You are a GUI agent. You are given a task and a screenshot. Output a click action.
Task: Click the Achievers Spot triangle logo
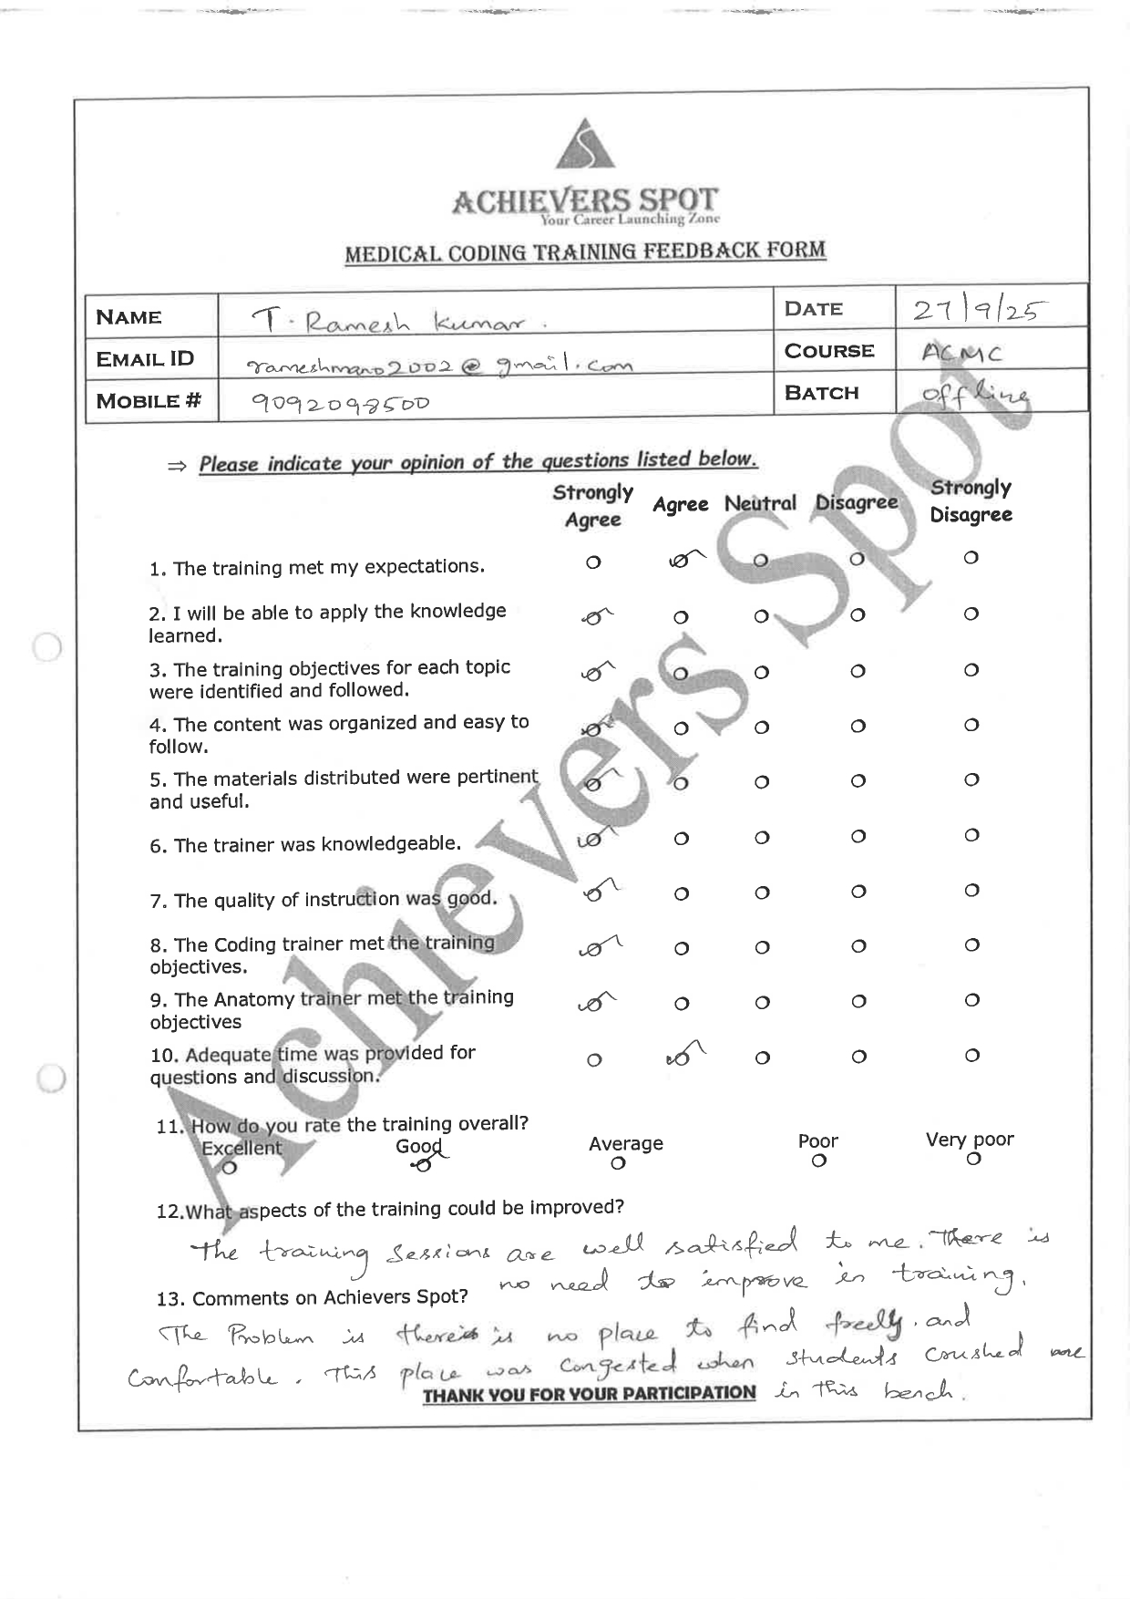(x=585, y=146)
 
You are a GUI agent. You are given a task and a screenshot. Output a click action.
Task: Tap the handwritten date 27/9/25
(x=976, y=311)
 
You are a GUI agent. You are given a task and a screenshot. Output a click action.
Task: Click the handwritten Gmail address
(x=439, y=365)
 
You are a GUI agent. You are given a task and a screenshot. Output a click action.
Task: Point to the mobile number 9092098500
(x=340, y=403)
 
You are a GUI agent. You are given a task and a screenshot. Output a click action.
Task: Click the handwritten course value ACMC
(x=950, y=353)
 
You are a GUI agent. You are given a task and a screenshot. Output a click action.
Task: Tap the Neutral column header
(x=760, y=503)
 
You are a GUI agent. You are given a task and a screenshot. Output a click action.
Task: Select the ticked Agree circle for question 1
(x=680, y=562)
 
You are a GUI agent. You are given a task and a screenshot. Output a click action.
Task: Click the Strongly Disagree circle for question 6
(x=971, y=835)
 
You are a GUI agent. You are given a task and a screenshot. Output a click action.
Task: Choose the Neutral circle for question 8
(x=763, y=947)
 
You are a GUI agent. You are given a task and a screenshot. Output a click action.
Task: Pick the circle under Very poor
(x=973, y=1159)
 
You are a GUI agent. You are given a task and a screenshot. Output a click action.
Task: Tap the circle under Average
(x=619, y=1163)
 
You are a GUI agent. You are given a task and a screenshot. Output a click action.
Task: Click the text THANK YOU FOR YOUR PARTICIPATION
(x=589, y=1393)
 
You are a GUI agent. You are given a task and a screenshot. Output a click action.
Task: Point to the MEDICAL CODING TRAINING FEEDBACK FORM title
(x=585, y=252)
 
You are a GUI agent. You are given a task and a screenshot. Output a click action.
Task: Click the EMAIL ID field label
(x=146, y=358)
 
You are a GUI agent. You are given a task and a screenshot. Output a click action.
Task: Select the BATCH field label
(x=821, y=393)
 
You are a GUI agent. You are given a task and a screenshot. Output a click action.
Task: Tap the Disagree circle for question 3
(x=858, y=671)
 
